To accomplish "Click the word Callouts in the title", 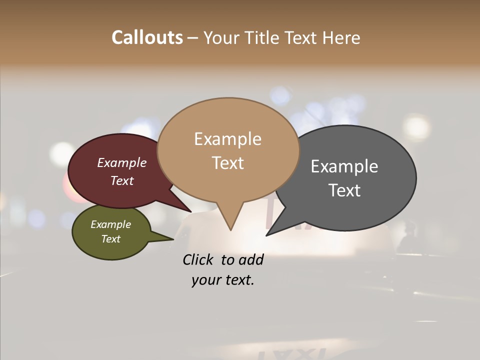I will coord(147,37).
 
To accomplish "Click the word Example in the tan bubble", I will coord(227,139).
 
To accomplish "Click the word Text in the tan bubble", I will coord(227,163).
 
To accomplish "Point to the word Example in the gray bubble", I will coord(344,166).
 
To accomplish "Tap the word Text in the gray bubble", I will coord(344,190).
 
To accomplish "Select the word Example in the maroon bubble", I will coord(122,162).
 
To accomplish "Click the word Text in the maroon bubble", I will coord(122,180).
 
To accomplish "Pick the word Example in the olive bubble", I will coord(110,224).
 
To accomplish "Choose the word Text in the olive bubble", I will coord(110,239).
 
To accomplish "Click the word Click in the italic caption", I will coord(198,259).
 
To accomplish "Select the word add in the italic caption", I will coord(250,259).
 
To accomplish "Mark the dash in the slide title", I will coord(193,38).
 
